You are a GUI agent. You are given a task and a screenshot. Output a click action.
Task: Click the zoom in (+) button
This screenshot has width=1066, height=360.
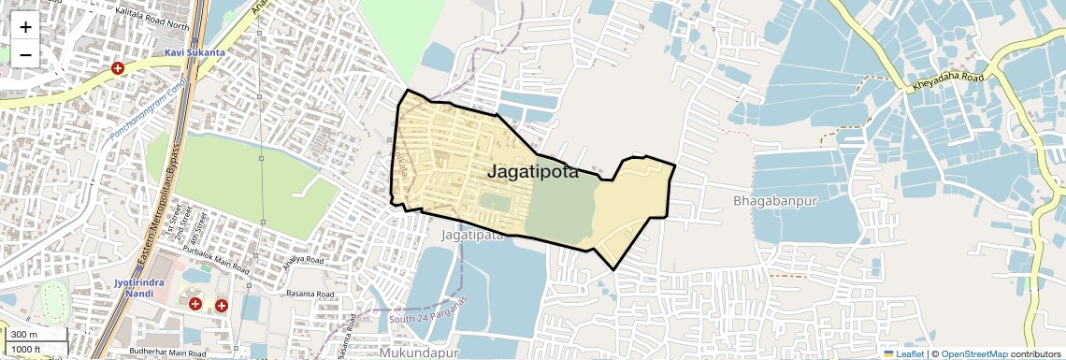pos(25,27)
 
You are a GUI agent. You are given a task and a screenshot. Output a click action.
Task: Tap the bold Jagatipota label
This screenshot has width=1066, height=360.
pos(533,172)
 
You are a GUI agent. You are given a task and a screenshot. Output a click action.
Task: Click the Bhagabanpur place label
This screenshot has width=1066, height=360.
pos(775,201)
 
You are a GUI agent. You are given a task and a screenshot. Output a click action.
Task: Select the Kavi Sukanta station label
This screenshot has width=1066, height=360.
pos(194,53)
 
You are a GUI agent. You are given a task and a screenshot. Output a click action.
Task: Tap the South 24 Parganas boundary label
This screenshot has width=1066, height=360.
pos(428,313)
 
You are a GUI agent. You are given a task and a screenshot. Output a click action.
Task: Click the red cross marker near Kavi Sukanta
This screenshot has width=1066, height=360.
pos(118,68)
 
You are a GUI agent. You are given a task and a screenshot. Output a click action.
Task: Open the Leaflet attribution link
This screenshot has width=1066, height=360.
pos(903,353)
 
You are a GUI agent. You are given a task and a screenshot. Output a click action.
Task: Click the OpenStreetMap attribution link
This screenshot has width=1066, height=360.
pos(973,353)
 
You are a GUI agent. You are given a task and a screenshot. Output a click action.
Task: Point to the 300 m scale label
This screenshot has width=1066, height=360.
pos(24,335)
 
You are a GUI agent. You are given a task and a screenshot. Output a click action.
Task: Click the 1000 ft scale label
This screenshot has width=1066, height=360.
pos(28,349)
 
